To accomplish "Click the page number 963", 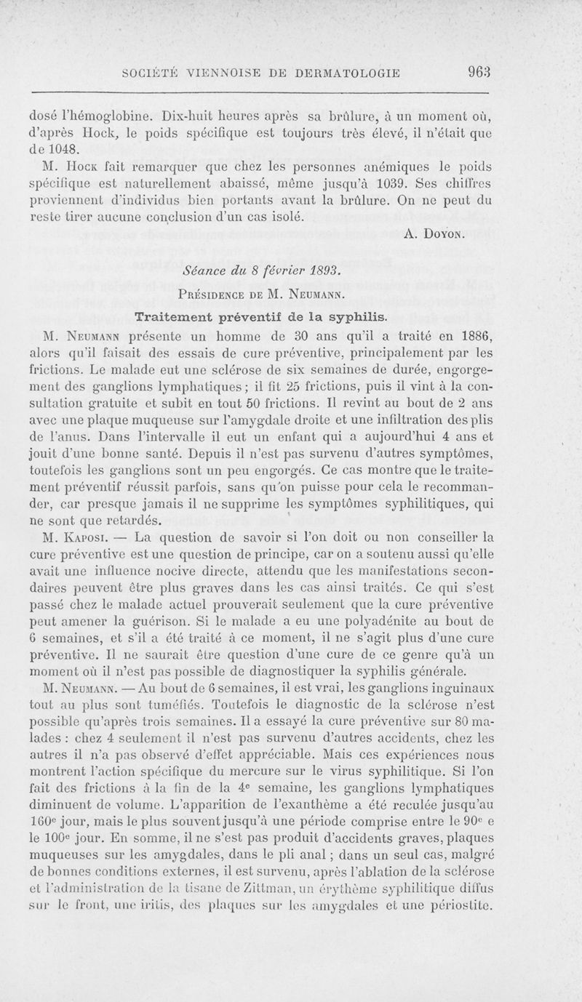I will coord(481,72).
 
